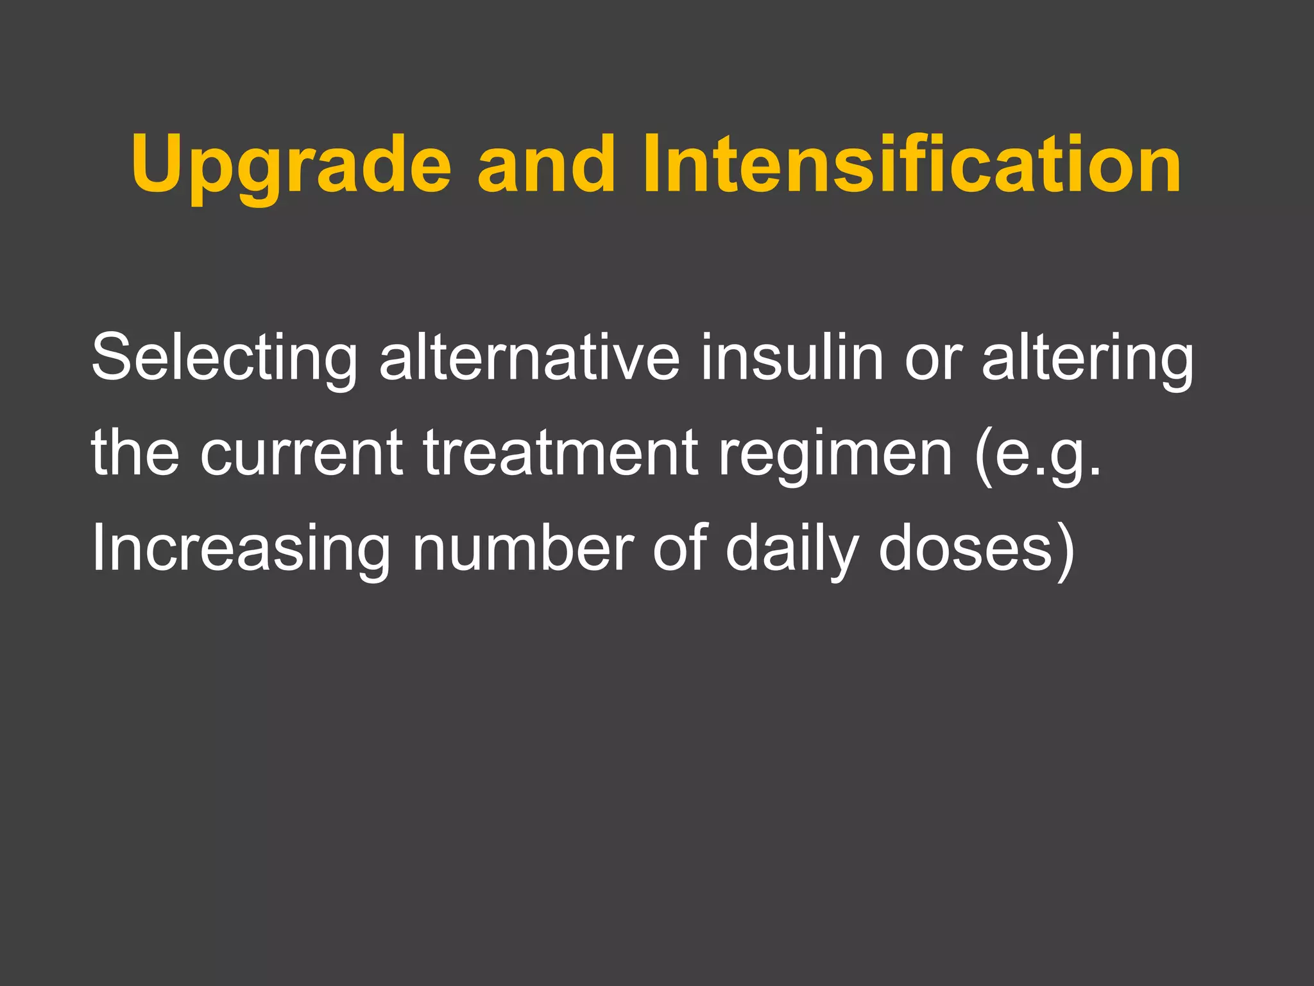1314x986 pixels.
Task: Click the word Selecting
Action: pos(224,358)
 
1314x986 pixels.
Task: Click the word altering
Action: pos(1088,358)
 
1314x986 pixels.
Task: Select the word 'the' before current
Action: pos(135,452)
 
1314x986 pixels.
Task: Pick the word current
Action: pos(302,453)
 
